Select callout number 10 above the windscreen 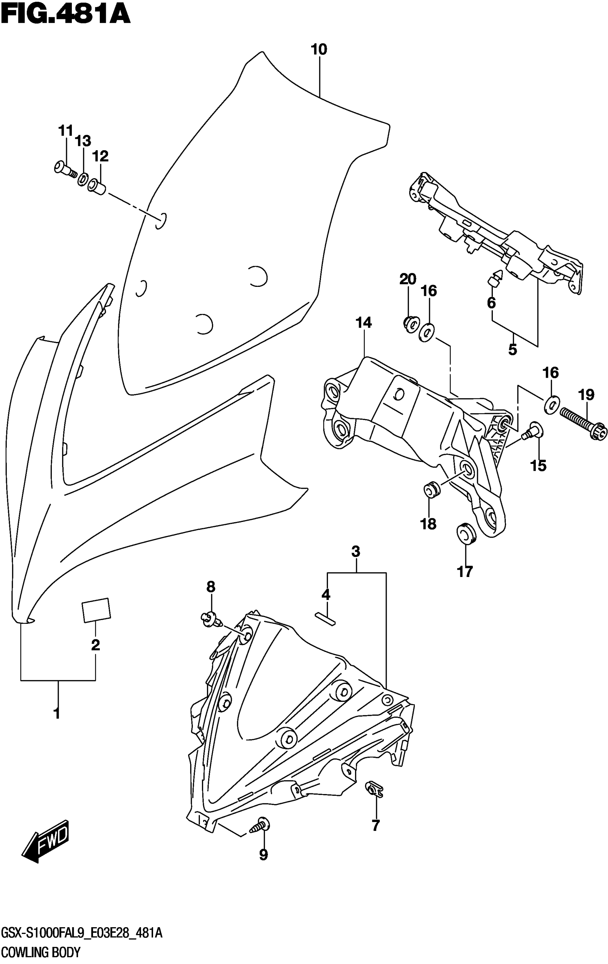click(319, 50)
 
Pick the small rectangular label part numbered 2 click(96, 611)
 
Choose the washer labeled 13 click(83, 178)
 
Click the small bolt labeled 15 click(532, 430)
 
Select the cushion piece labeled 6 click(494, 278)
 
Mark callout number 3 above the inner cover click(356, 552)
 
